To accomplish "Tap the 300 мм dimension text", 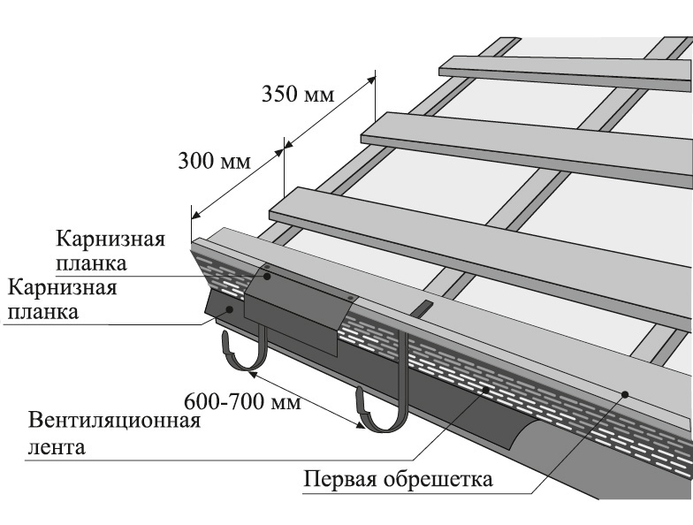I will [215, 162].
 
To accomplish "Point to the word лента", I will [57, 446].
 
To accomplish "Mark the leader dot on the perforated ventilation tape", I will [485, 388].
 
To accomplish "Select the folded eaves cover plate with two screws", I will [292, 305].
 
